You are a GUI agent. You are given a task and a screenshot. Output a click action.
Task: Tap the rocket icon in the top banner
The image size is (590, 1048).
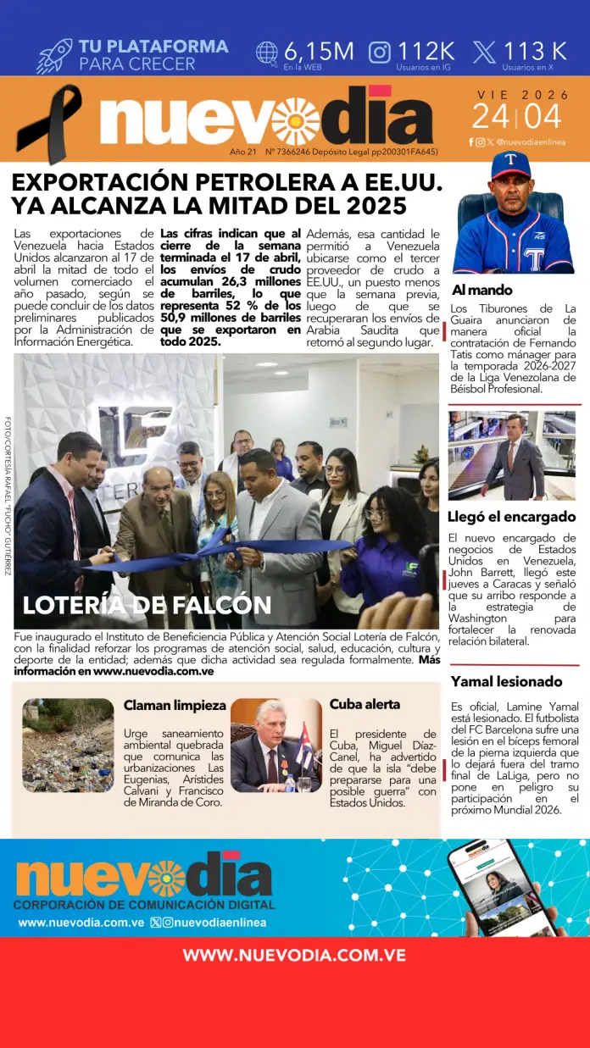(x=54, y=55)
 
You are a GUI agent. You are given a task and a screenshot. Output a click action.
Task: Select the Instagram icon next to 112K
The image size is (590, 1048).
(x=380, y=52)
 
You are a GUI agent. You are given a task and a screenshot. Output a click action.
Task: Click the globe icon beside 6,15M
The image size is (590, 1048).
(x=267, y=52)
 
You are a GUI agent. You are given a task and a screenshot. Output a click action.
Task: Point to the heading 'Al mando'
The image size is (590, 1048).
(x=481, y=290)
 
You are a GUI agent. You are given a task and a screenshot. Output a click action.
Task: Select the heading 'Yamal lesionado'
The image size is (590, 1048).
(x=506, y=681)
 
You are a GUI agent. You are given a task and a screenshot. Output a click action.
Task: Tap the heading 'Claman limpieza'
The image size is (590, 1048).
(x=175, y=705)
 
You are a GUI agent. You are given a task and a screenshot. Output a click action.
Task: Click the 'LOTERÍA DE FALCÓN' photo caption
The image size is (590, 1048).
(x=147, y=605)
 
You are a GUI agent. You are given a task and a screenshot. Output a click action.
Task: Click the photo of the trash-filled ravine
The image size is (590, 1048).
(x=68, y=745)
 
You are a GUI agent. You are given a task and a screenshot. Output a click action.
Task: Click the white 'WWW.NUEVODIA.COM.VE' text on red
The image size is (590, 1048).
(x=294, y=955)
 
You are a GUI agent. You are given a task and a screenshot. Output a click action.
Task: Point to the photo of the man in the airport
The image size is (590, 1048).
(x=512, y=455)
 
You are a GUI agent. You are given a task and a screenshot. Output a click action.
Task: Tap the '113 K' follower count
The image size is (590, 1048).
(x=535, y=51)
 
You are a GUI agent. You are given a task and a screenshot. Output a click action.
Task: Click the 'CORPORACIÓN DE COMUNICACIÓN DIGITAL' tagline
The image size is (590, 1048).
(x=144, y=905)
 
